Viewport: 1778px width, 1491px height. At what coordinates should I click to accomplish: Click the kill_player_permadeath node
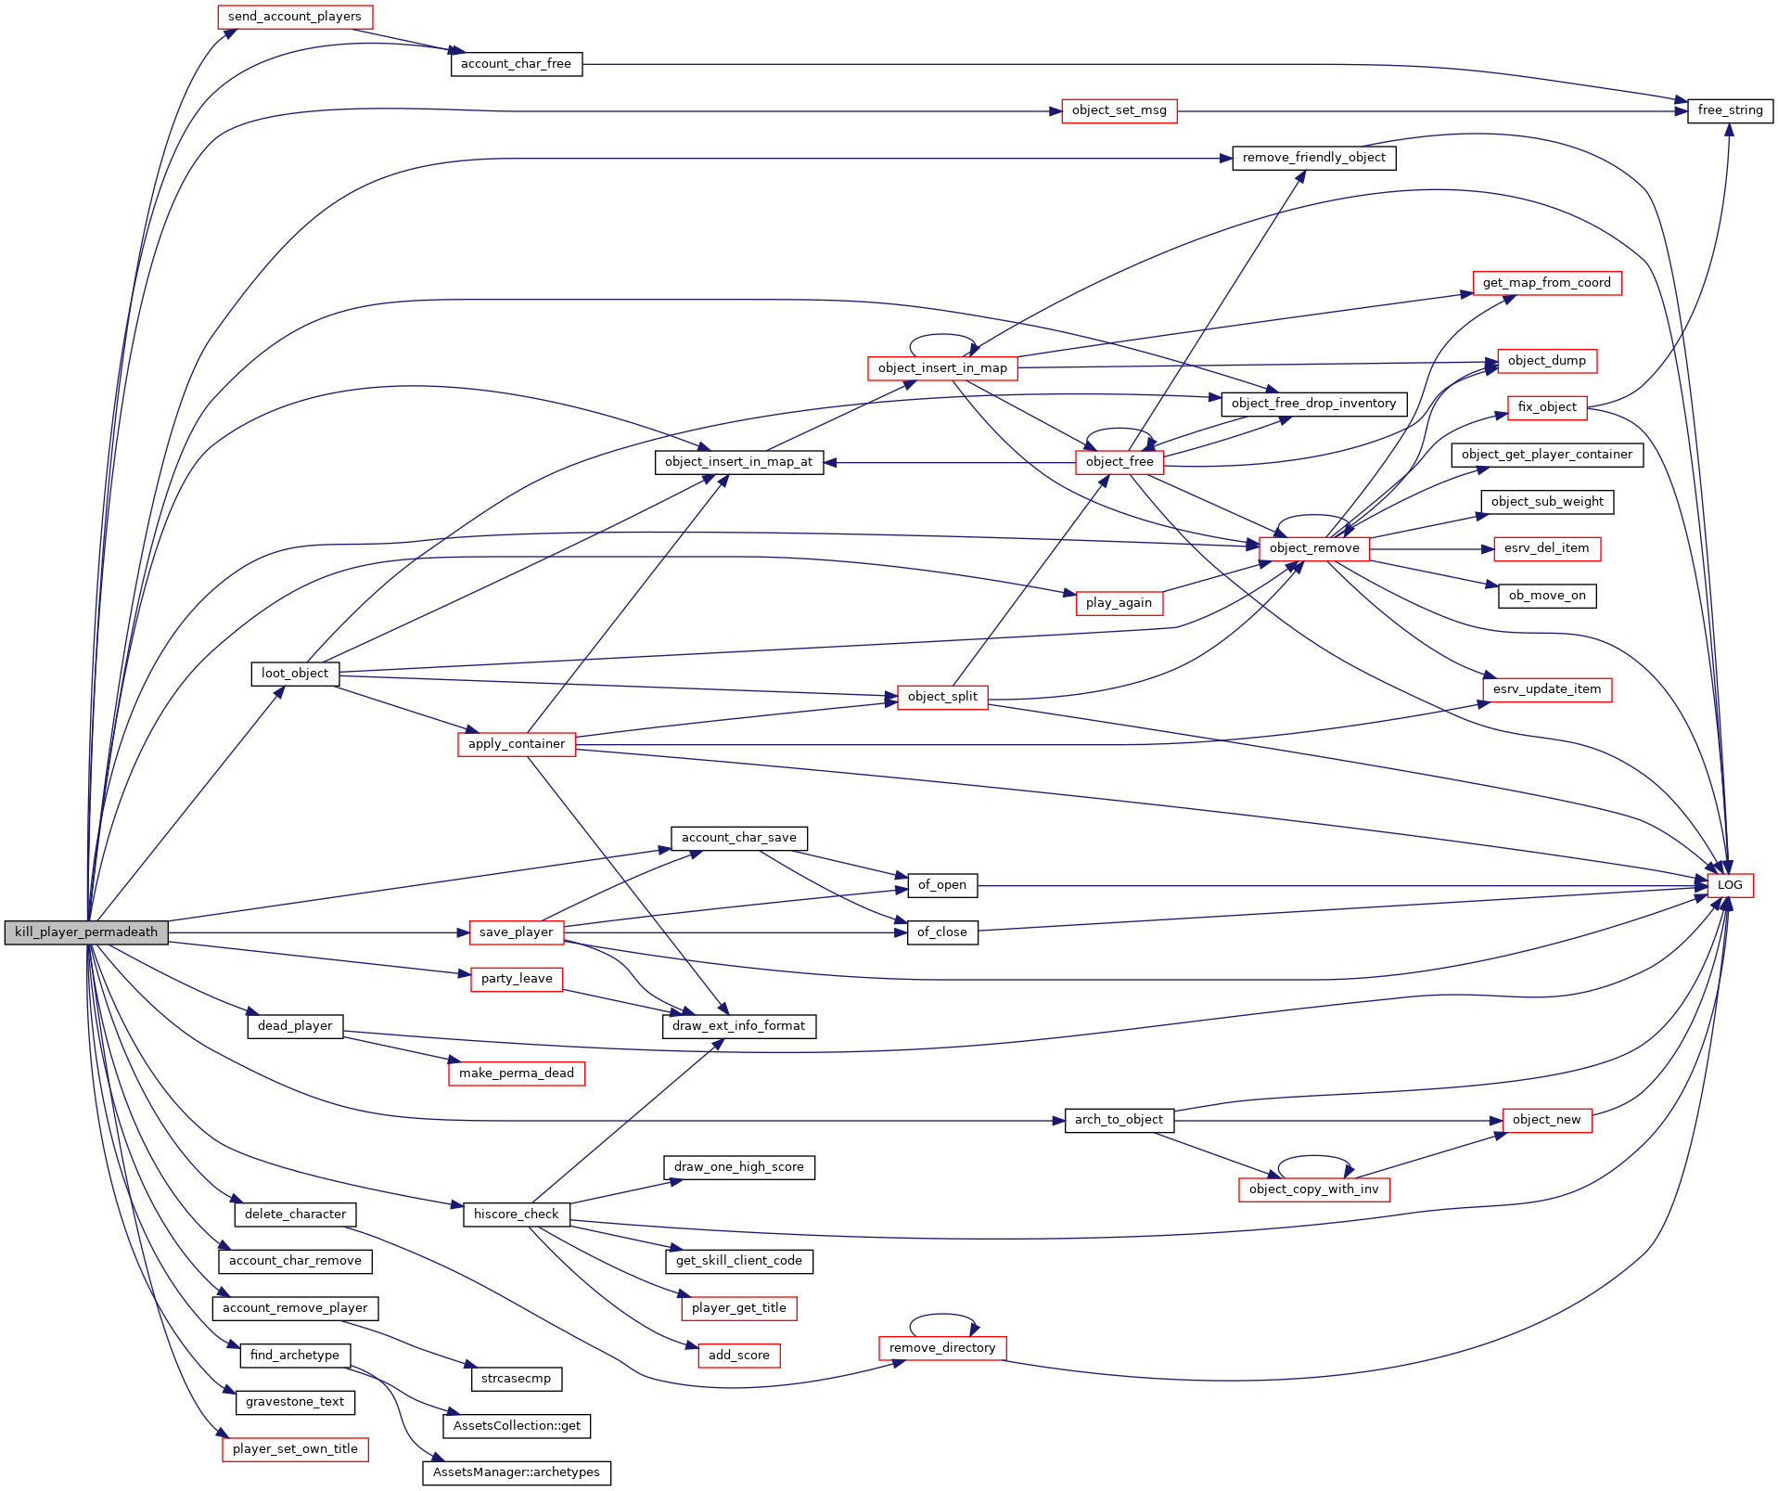[86, 932]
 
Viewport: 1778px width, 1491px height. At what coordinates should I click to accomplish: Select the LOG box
[1730, 885]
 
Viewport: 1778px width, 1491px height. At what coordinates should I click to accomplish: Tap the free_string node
[1730, 110]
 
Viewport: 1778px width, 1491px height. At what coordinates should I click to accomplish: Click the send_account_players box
[295, 17]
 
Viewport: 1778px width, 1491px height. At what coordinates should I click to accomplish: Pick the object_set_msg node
[1119, 110]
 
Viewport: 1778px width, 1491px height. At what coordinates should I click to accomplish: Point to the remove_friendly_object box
[1313, 158]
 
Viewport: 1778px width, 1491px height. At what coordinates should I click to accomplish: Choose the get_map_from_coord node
[1546, 283]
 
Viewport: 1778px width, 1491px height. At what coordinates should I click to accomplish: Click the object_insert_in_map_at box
[738, 462]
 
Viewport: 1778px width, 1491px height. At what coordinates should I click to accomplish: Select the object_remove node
[1313, 548]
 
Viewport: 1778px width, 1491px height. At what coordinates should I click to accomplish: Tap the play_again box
[1119, 603]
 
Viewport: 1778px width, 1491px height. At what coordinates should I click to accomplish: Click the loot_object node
[295, 674]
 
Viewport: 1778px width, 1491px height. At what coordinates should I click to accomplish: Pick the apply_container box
[516, 744]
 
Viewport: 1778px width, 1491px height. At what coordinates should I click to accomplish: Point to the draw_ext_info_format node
[738, 1026]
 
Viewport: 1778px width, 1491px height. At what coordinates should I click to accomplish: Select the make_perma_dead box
[516, 1073]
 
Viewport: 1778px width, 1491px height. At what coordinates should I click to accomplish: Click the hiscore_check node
[516, 1215]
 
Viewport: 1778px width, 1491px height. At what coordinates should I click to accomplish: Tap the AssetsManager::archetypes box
[516, 1472]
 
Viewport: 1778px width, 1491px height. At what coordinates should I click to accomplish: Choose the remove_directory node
[941, 1348]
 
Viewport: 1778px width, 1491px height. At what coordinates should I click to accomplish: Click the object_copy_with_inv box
[1313, 1189]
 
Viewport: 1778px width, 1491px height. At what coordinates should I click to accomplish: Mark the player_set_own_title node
[295, 1449]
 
